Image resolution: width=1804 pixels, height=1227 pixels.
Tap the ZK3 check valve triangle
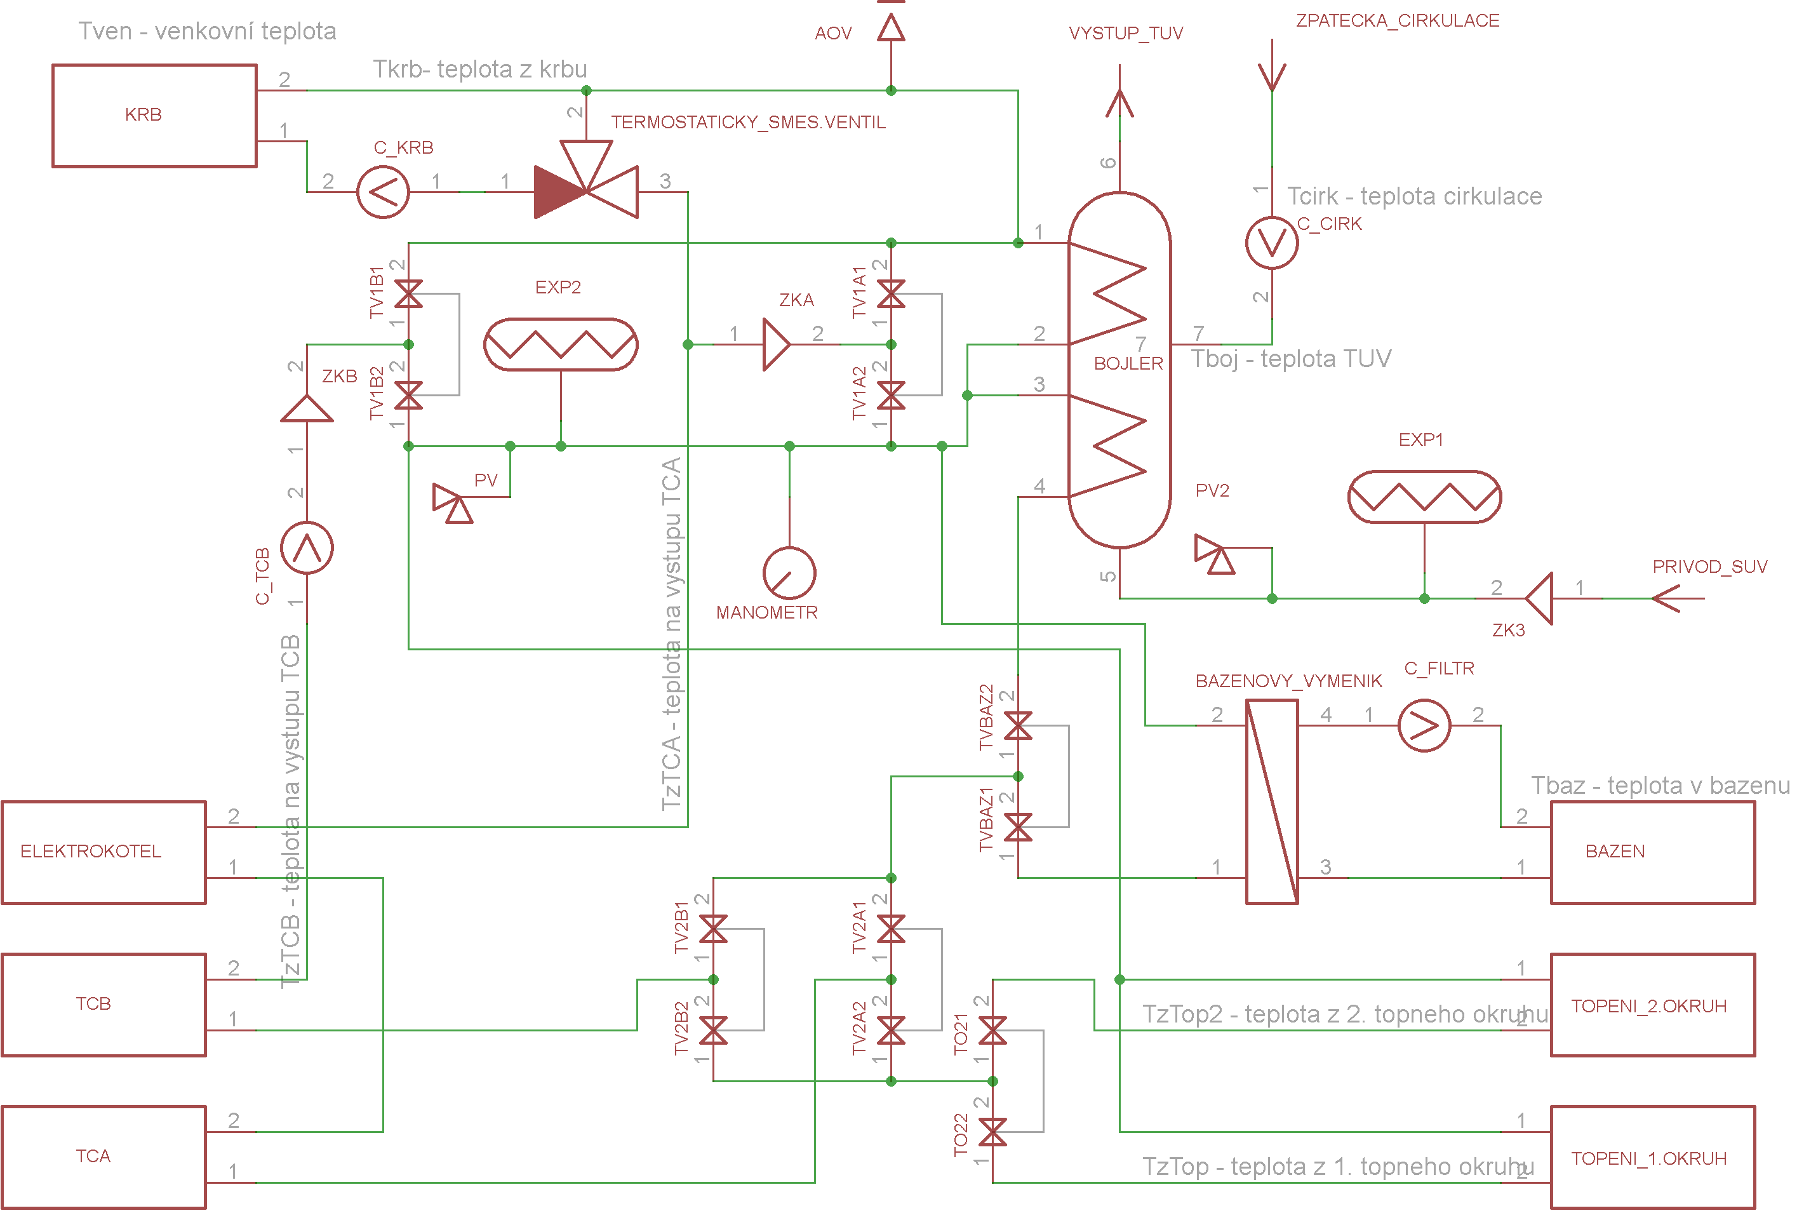[x=1539, y=598]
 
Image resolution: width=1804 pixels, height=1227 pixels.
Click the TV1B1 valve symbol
[x=408, y=293]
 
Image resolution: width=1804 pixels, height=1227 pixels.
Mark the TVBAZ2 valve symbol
[x=1018, y=725]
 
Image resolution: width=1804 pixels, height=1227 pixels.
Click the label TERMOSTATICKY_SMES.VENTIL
[x=748, y=123]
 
